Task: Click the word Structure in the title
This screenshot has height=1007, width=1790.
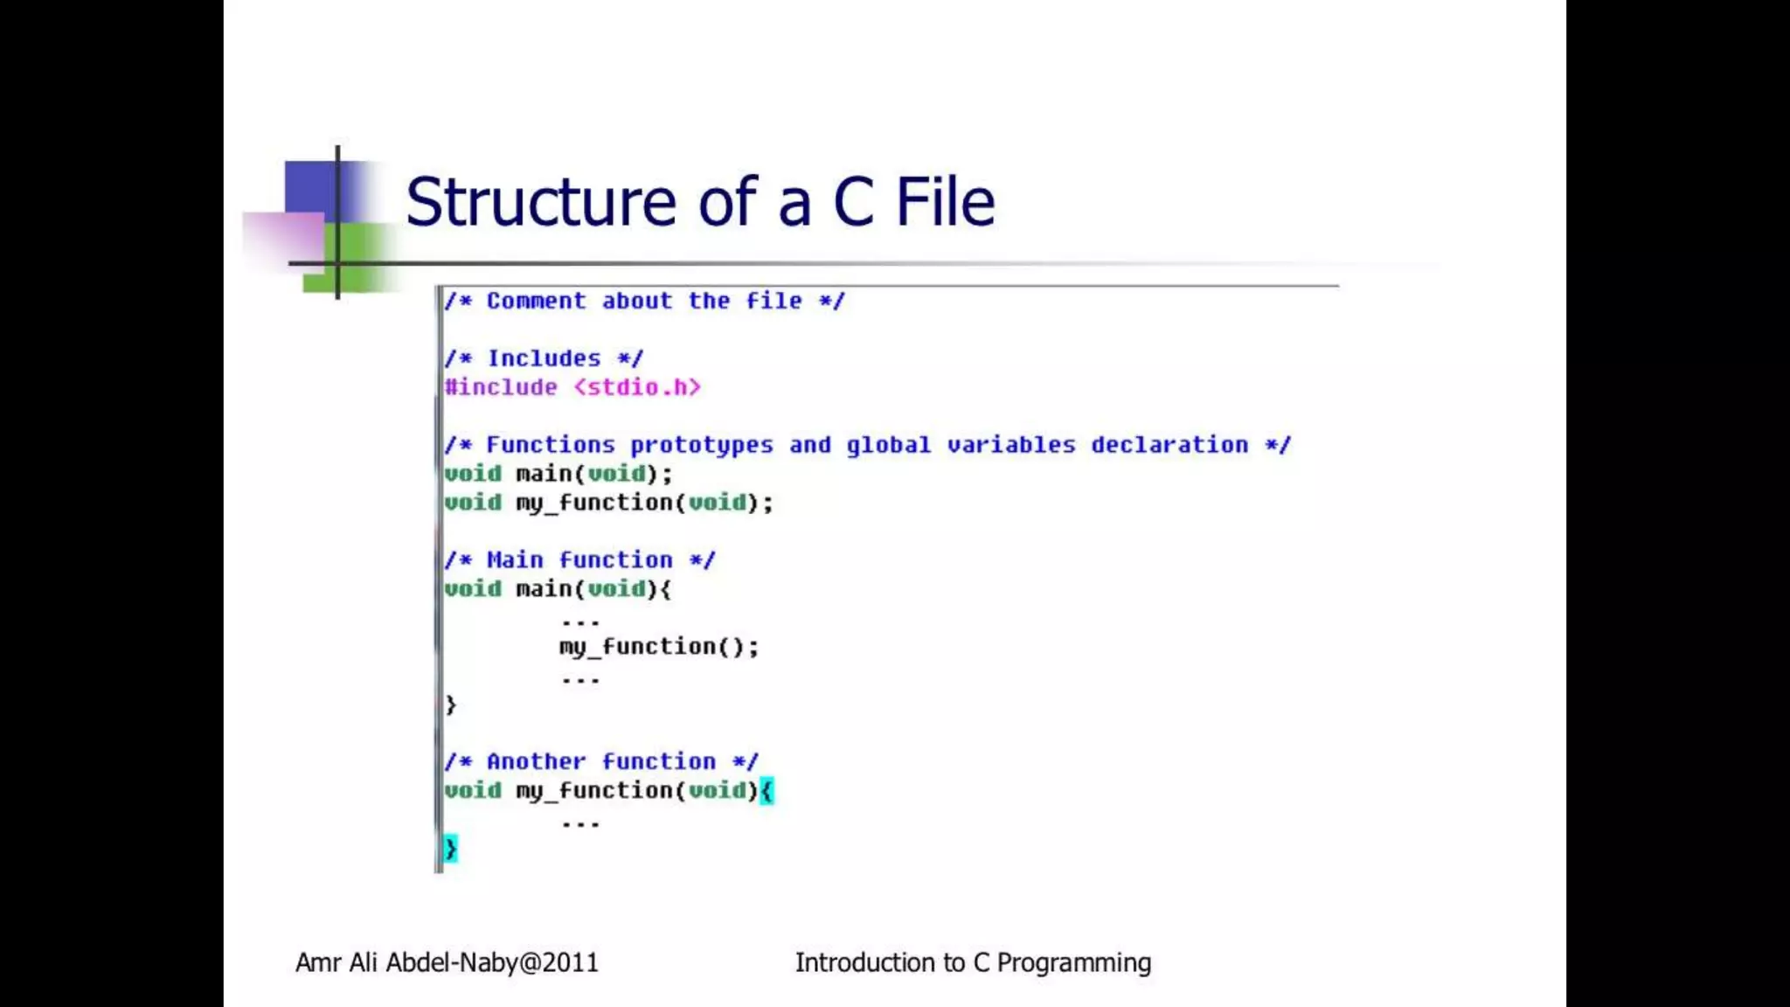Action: [x=540, y=202]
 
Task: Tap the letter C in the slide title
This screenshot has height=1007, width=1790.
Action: [x=853, y=202]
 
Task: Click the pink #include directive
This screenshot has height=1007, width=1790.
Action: [x=501, y=387]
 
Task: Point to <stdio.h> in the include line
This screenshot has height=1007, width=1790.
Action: [x=637, y=387]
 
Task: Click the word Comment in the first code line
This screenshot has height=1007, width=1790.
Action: [x=536, y=301]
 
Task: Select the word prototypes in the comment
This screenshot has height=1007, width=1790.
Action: [x=702, y=445]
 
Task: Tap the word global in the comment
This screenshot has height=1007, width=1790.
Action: [x=888, y=445]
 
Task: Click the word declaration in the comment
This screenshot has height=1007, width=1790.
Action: [x=1169, y=445]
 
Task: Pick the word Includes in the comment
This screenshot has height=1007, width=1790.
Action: [x=544, y=358]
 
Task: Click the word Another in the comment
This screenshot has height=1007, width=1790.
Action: [x=536, y=761]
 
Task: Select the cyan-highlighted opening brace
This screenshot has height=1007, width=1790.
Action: [x=767, y=791]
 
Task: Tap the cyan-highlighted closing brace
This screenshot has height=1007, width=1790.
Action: [x=450, y=848]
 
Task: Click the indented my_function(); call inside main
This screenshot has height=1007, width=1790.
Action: [x=659, y=647]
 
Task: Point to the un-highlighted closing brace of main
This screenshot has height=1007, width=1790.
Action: [x=450, y=705]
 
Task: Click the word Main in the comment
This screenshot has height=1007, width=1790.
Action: [x=515, y=560]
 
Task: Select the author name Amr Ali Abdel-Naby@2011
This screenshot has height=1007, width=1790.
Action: [x=447, y=962]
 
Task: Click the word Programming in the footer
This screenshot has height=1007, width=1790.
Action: [x=1073, y=963]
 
